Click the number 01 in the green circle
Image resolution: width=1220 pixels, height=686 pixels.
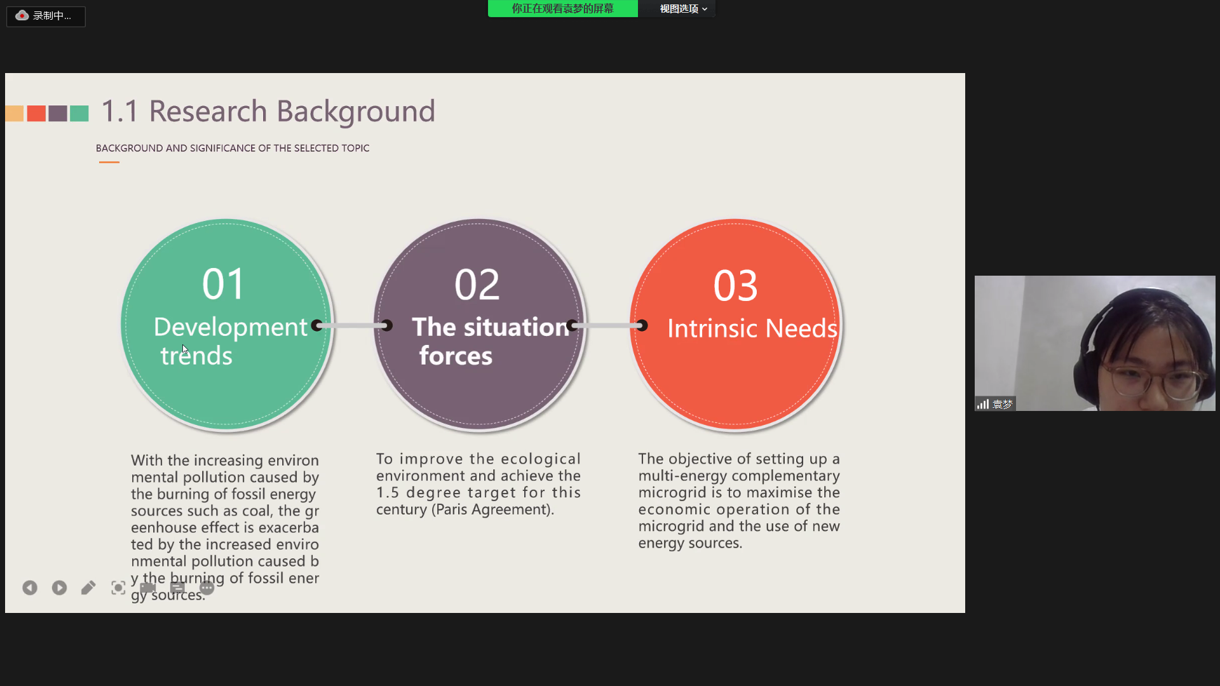(223, 284)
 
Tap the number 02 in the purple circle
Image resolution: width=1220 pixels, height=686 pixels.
(477, 285)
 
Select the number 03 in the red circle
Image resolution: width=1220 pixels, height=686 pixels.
(736, 286)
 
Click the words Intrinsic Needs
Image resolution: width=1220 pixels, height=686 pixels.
(752, 328)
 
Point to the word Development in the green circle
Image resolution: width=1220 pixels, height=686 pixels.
(231, 327)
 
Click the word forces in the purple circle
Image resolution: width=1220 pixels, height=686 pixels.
(456, 356)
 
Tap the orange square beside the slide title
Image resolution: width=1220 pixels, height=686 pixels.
(15, 114)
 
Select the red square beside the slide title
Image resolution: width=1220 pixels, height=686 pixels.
(36, 114)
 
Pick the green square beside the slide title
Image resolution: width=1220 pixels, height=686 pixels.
(79, 114)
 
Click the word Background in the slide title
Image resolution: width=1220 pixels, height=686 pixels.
(356, 112)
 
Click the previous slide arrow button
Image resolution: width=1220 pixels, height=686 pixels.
(30, 588)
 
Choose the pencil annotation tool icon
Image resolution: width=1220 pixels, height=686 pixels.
(88, 588)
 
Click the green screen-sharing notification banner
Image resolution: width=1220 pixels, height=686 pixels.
(563, 8)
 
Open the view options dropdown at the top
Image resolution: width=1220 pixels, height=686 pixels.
(683, 8)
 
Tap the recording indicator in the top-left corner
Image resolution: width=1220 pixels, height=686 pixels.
(46, 16)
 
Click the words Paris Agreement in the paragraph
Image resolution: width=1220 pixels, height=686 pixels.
(492, 509)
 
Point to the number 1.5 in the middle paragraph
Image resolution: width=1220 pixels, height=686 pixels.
(388, 492)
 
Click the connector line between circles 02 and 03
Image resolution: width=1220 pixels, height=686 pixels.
(607, 325)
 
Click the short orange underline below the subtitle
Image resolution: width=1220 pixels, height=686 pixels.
(109, 162)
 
